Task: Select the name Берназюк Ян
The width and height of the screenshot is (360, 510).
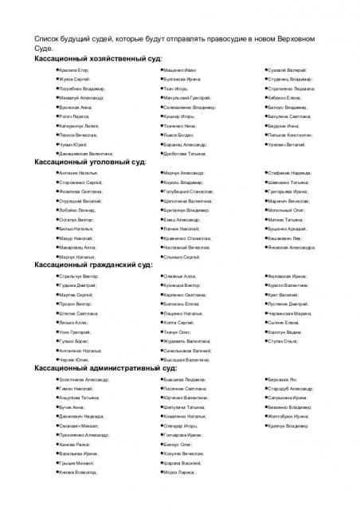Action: click(x=284, y=380)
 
